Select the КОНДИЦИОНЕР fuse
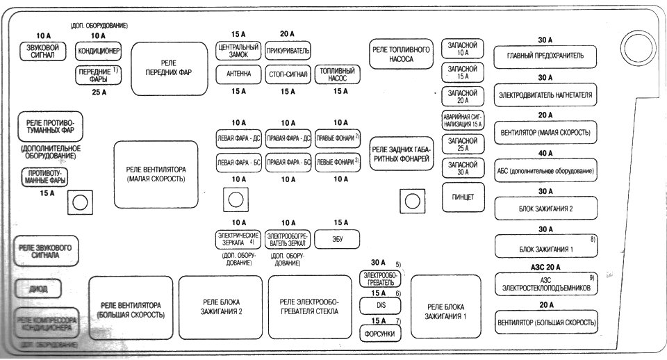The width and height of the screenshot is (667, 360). coord(99,51)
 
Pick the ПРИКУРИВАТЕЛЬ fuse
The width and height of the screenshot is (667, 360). coord(288,51)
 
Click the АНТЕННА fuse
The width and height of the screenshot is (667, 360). coord(238,74)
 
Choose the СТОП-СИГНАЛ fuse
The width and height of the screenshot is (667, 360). coord(288,74)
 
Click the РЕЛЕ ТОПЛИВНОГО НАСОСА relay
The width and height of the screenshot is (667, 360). coord(401,55)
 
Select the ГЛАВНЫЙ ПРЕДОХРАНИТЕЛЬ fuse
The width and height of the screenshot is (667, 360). coord(545,55)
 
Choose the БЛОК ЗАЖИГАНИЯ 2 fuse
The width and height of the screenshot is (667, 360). coord(545,208)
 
